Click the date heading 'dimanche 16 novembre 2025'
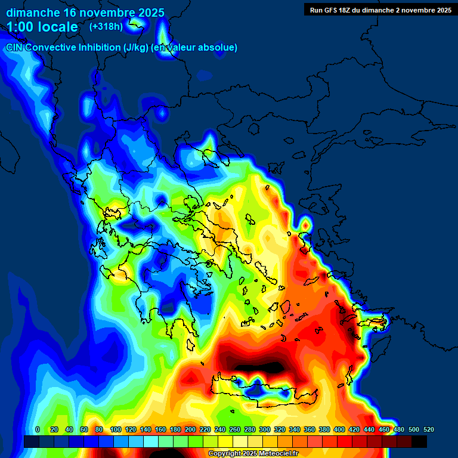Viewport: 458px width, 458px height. tap(85, 12)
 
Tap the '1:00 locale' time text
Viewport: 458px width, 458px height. tap(42, 27)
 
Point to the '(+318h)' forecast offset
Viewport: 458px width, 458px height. tap(106, 27)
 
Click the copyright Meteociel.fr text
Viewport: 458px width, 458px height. tap(253, 453)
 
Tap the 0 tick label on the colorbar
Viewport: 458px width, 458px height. tap(38, 429)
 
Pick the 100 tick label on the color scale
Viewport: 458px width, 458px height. tap(115, 429)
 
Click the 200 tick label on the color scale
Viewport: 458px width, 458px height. tap(190, 429)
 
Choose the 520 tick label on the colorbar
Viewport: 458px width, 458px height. tap(428, 429)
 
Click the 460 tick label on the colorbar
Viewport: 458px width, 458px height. tap(384, 429)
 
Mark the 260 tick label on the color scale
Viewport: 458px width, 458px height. tap(235, 429)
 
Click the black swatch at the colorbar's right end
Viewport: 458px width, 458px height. tap(419, 442)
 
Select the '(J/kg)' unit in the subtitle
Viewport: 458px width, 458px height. tap(132, 47)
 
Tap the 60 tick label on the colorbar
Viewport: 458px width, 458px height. tap(84, 429)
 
